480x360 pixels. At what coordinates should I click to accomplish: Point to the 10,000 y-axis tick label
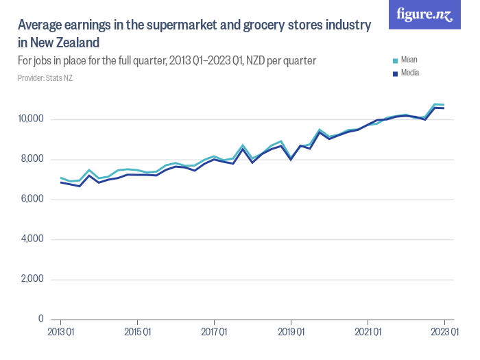click(x=30, y=119)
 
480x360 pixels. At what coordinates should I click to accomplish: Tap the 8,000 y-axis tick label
click(x=32, y=159)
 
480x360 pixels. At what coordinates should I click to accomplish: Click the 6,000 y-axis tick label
click(x=32, y=200)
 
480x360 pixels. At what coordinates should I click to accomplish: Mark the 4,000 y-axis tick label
click(x=32, y=239)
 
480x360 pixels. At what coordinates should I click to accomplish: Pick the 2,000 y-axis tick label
click(x=32, y=279)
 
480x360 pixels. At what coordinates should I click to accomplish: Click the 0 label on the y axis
click(x=41, y=319)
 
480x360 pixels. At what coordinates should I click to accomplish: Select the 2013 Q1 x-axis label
click(x=60, y=333)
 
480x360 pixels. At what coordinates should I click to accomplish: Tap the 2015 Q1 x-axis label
click(x=137, y=333)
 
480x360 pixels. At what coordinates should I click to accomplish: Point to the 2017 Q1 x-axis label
click(x=214, y=333)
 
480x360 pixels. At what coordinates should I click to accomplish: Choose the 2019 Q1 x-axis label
click(x=291, y=333)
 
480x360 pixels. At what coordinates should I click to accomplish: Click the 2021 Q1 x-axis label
click(x=368, y=333)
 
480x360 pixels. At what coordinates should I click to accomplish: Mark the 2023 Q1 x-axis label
click(x=444, y=333)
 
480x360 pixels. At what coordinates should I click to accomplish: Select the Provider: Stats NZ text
click(x=45, y=78)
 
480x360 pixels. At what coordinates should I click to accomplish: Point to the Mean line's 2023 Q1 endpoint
click(x=444, y=105)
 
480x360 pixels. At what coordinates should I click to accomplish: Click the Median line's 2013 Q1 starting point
click(x=60, y=182)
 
